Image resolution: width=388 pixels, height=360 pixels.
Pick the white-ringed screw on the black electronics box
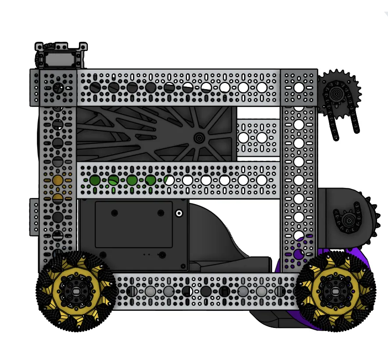point(179,213)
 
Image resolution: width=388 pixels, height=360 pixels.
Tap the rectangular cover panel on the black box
point(133,224)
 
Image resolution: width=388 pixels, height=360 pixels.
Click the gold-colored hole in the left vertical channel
point(57,180)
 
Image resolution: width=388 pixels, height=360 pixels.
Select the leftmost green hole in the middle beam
point(95,180)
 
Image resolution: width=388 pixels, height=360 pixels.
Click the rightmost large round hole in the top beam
point(262,87)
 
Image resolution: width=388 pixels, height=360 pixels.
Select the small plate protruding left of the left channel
point(34,217)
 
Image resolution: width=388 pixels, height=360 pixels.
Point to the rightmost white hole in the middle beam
point(262,180)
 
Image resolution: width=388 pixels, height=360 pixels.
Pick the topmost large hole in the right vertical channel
point(298,87)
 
